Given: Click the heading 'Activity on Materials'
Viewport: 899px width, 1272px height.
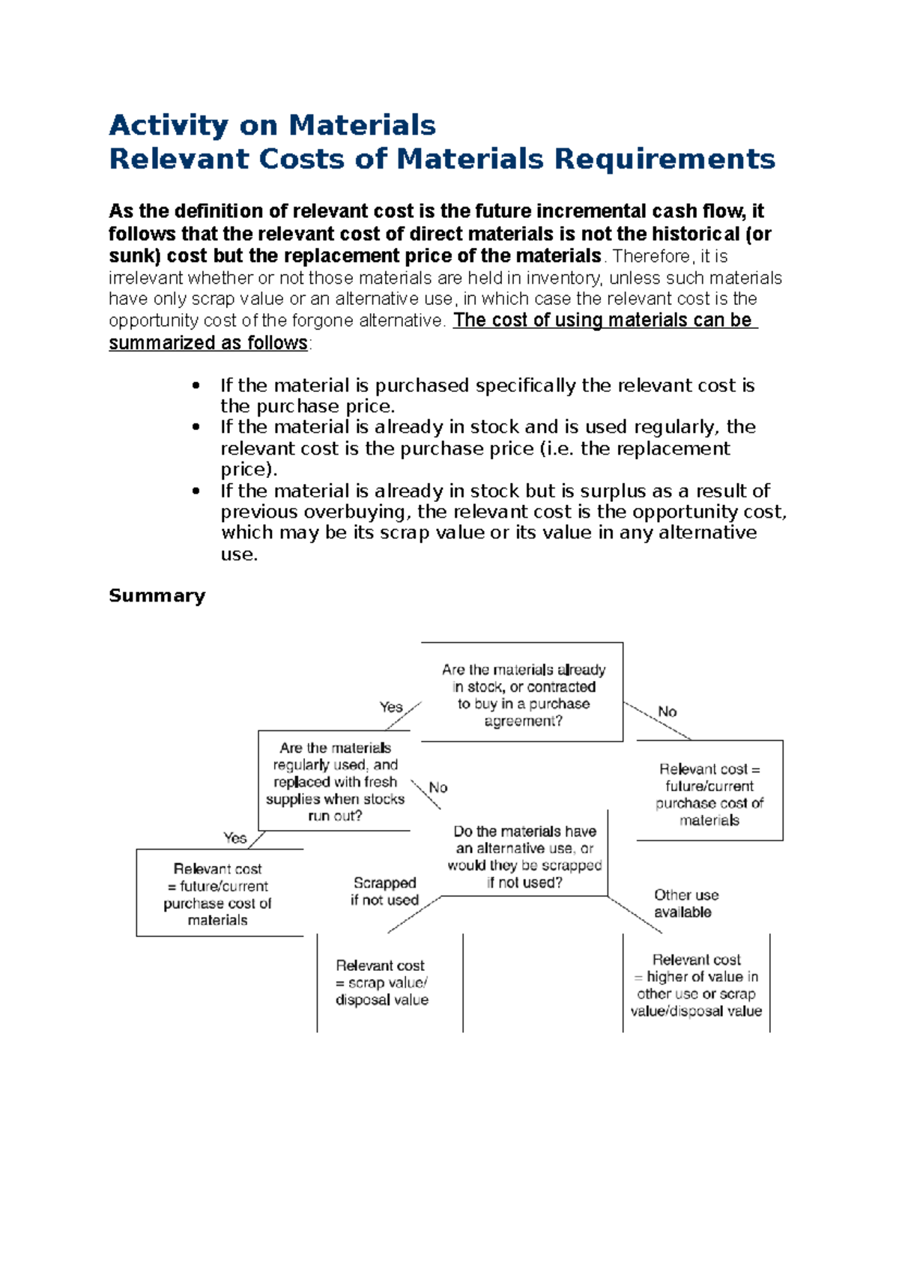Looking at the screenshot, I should pos(272,125).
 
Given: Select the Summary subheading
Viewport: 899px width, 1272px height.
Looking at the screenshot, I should pos(157,596).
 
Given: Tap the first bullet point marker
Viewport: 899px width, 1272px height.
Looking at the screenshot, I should pos(196,386).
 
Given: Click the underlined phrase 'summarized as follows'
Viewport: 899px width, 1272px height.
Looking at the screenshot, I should pos(208,343).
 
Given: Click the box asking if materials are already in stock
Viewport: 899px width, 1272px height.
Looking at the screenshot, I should pos(522,694).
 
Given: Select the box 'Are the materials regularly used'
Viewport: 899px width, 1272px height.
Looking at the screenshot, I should pos(335,781).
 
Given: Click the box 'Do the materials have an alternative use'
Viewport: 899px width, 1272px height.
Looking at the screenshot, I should pos(524,856).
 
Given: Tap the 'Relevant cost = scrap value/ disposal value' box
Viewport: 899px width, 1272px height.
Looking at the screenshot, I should pos(382,982).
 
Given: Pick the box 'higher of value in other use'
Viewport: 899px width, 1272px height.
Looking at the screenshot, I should pos(696,985).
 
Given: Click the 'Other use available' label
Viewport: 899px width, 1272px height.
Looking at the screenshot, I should pos(685,903).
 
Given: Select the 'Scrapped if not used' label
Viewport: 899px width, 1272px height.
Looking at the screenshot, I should pos(384,891).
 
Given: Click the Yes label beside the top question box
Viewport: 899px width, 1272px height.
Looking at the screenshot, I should pos(390,707).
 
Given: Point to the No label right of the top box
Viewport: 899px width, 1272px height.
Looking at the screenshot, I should pos(667,712).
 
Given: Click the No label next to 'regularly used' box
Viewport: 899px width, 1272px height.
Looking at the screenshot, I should pos(438,788).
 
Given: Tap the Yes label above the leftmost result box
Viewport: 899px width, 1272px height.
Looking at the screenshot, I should pos(234,838).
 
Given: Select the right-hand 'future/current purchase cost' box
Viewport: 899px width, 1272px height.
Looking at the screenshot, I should pos(709,794).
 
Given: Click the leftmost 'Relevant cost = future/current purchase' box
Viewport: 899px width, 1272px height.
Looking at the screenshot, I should pos(218,894).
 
